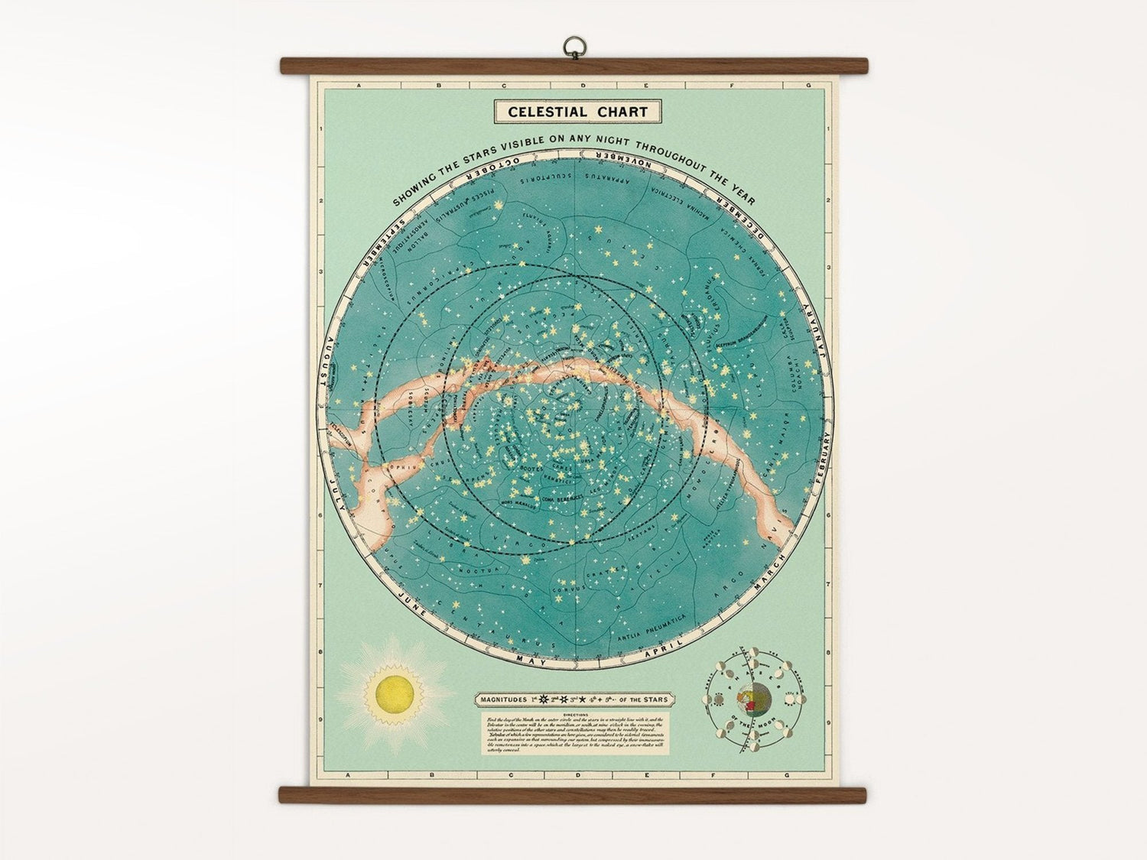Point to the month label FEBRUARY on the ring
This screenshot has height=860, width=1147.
[823, 454]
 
